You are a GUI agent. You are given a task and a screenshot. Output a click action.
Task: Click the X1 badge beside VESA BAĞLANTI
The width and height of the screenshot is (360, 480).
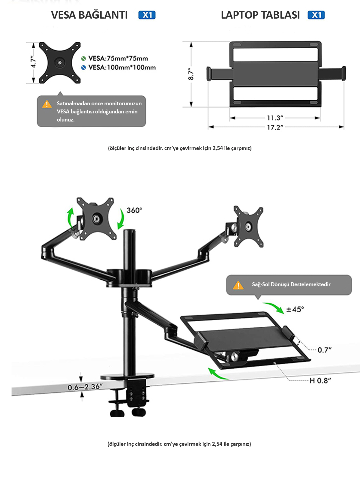pos(147,15)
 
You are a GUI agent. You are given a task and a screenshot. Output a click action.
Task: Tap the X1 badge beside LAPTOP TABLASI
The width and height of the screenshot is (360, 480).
pos(316,15)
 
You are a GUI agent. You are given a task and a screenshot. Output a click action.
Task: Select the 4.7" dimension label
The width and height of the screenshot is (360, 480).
pos(33,62)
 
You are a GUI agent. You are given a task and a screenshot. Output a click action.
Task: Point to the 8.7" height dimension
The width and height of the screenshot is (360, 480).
pos(191,74)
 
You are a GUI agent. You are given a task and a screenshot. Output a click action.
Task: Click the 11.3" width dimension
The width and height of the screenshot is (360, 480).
pos(275,118)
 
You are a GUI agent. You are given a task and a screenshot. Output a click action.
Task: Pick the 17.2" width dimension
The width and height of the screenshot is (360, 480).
pos(275,127)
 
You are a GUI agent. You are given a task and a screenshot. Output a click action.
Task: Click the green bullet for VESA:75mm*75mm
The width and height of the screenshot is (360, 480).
pos(84,58)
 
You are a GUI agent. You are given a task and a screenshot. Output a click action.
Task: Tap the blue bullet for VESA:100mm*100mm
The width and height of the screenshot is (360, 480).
pos(84,67)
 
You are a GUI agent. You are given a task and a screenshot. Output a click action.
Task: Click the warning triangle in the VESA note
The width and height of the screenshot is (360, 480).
pos(47,104)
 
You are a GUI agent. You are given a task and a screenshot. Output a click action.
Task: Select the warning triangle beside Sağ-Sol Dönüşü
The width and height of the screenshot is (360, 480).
pos(238,285)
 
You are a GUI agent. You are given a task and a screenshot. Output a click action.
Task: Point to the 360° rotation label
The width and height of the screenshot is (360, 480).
pos(134,210)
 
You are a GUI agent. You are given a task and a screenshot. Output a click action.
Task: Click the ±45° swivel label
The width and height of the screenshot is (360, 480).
pos(295,309)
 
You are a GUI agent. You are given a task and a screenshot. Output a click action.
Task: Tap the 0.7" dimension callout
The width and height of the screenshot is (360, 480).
pos(325,350)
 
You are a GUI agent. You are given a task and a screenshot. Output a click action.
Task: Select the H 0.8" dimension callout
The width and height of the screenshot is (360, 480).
pos(320,381)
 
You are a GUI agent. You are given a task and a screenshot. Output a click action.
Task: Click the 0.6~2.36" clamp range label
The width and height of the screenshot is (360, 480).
pos(85,387)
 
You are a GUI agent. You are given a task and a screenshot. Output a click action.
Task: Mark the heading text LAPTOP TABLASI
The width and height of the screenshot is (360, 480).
pos(260,15)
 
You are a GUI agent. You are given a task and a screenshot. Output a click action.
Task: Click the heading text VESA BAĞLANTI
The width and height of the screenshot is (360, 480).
pos(89,15)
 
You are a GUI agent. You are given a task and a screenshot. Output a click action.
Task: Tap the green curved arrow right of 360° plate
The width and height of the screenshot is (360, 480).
pos(121,219)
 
